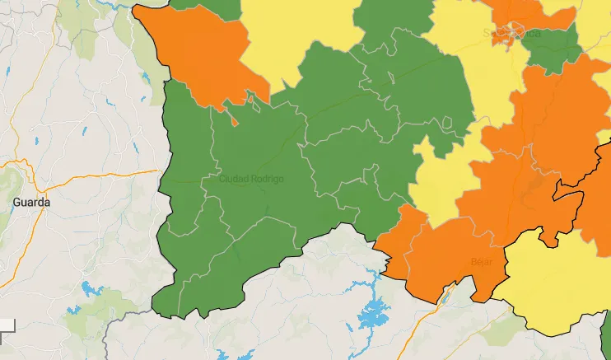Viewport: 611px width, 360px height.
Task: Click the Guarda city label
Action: pyautogui.click(x=30, y=201)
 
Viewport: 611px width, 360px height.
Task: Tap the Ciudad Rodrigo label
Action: pyautogui.click(x=251, y=179)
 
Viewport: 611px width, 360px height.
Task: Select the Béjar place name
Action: pyautogui.click(x=480, y=261)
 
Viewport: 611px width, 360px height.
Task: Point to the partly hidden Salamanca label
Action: pyautogui.click(x=511, y=34)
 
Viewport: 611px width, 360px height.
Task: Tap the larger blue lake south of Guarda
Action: pyautogui.click(x=88, y=290)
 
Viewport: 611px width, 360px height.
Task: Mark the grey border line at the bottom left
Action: pyautogui.click(x=124, y=317)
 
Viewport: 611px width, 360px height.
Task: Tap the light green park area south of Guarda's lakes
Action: pyautogui.click(x=91, y=317)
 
